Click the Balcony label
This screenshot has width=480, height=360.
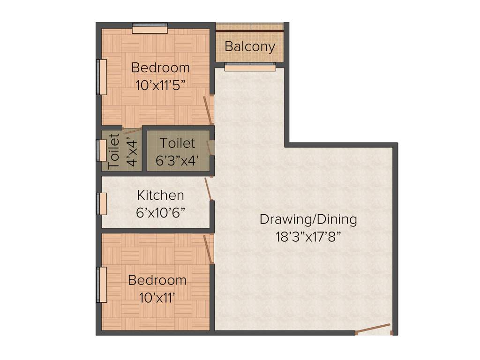click(249, 47)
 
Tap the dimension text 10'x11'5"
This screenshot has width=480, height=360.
click(161, 85)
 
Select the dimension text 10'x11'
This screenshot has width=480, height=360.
click(157, 298)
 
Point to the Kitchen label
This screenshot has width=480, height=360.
click(160, 195)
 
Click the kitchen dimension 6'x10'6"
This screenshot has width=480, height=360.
click(160, 212)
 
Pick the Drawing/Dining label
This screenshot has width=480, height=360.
click(308, 219)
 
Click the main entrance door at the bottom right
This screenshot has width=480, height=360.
click(373, 329)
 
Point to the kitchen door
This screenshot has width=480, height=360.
click(209, 189)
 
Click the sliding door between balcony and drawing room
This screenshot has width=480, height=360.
click(250, 67)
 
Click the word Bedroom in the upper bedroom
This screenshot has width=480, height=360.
click(161, 67)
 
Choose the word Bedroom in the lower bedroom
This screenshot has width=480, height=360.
click(157, 280)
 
